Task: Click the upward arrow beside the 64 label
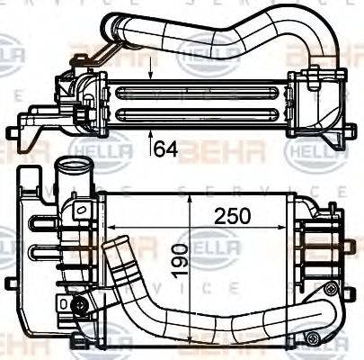(150, 137)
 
